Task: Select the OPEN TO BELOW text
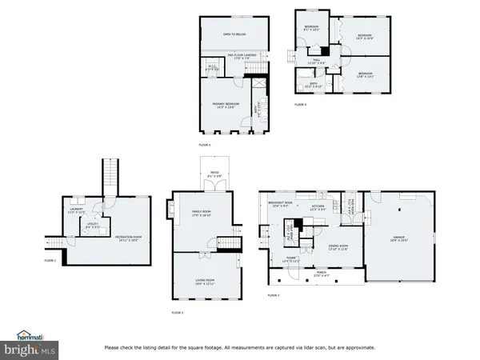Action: [x=234, y=34]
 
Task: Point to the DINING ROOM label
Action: [x=338, y=246]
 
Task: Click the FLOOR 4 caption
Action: [x=205, y=145]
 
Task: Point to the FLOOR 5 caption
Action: [x=300, y=105]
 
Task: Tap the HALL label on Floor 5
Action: [x=317, y=61]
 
